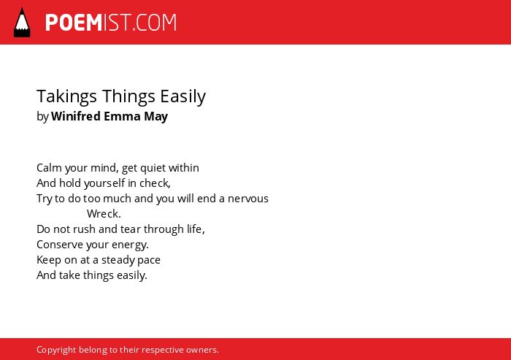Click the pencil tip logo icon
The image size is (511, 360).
(x=22, y=23)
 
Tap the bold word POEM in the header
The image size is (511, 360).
(x=74, y=23)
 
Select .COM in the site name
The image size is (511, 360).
(x=155, y=23)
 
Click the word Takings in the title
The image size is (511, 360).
(x=67, y=96)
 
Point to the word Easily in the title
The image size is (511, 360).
(x=182, y=96)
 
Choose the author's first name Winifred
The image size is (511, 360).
(x=76, y=116)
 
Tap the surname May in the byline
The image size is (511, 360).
(x=155, y=117)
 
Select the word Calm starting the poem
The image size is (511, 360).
(x=49, y=168)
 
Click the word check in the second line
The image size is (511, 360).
(x=154, y=183)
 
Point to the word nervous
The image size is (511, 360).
(x=247, y=199)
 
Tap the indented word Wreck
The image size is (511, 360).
(x=103, y=213)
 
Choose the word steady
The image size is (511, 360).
(x=116, y=260)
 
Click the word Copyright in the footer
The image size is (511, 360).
(x=56, y=350)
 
